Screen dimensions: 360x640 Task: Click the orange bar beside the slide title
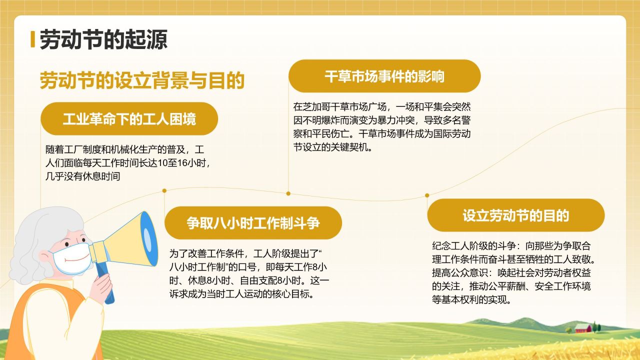[x=32, y=39]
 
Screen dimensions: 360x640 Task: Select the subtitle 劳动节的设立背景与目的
[x=142, y=80]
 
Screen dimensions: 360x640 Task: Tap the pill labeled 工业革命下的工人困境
[x=129, y=119]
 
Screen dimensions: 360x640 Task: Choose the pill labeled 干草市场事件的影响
[x=384, y=76]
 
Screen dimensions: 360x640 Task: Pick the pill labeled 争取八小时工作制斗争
[x=253, y=223]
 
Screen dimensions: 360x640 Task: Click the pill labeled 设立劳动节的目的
[x=515, y=215]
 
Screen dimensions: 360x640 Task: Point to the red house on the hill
[x=582, y=328]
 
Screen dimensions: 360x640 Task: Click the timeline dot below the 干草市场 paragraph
[x=288, y=193]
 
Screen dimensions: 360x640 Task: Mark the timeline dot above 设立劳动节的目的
[x=427, y=195]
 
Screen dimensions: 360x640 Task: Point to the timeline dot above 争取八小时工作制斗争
[x=164, y=190]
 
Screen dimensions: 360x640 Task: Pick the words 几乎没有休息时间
[x=82, y=176]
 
